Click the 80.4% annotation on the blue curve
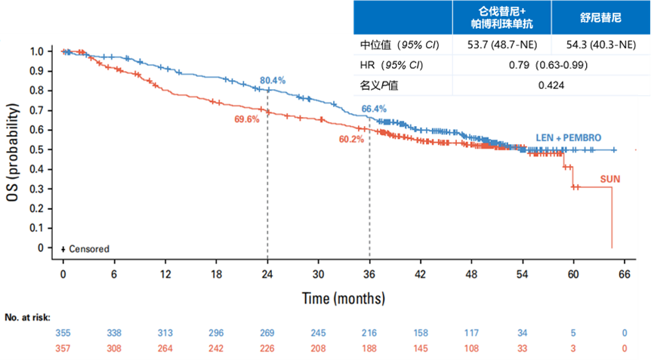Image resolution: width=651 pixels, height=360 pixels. [273, 79]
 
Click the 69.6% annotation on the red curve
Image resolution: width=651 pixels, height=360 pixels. [247, 119]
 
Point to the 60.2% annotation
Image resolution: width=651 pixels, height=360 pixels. [351, 140]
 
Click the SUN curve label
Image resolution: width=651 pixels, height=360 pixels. [610, 179]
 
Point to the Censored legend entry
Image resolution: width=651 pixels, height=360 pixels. [85, 248]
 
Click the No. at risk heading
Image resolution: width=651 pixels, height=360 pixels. [27, 318]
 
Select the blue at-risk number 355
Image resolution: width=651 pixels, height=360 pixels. [63, 332]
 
